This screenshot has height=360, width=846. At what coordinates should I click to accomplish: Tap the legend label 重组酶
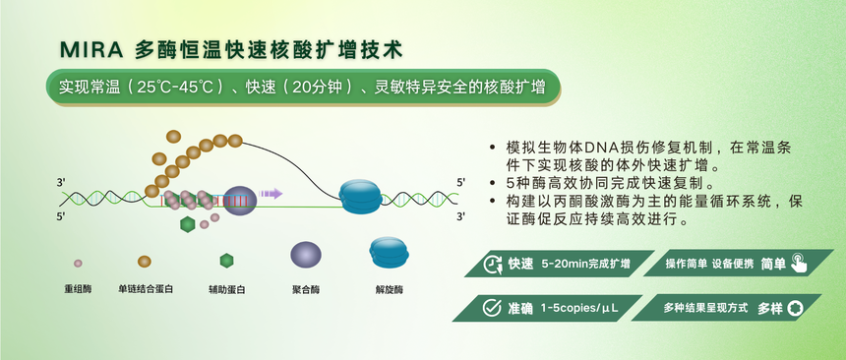[78, 289]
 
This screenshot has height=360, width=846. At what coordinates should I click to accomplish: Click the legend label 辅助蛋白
[226, 289]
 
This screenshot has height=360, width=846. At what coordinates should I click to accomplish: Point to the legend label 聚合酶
[307, 289]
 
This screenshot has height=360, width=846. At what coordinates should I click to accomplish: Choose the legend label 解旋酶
[389, 289]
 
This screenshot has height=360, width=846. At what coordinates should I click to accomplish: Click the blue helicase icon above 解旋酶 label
[389, 253]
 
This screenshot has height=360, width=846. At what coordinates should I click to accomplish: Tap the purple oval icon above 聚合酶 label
[306, 255]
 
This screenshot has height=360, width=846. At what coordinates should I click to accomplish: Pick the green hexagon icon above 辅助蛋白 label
[226, 261]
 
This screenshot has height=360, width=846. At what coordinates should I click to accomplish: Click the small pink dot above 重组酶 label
[78, 263]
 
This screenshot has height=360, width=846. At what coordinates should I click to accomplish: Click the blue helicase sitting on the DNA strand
[361, 196]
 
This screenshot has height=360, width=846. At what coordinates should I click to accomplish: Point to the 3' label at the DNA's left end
[61, 183]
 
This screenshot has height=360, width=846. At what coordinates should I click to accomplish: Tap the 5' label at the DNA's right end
[461, 183]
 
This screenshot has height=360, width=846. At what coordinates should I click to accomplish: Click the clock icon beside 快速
[492, 264]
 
